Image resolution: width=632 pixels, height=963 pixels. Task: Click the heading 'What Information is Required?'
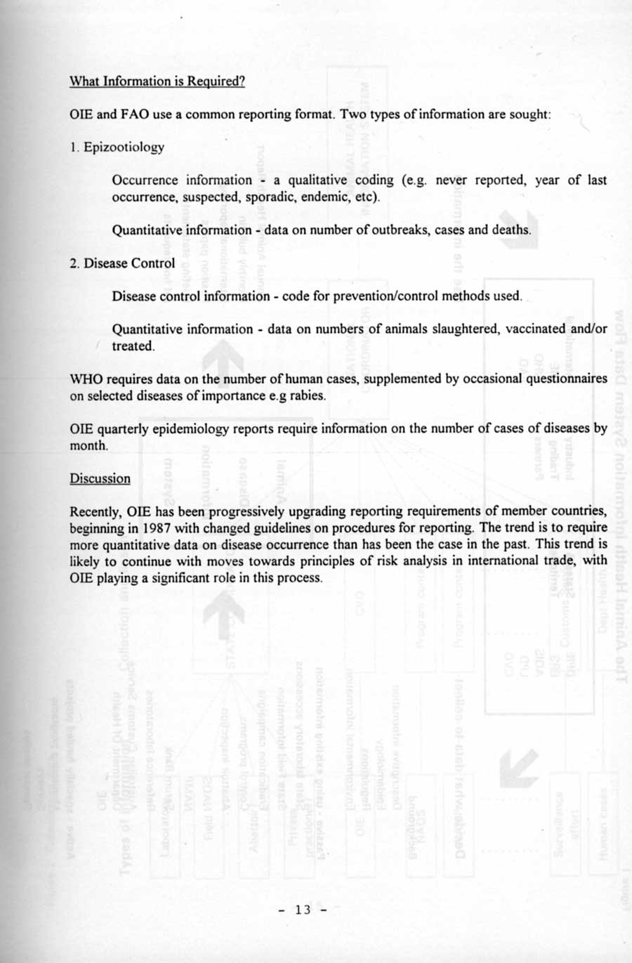pos(157,81)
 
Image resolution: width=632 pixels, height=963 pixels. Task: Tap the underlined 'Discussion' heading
pos(100,478)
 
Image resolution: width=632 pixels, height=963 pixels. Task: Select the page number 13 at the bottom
pos(303,910)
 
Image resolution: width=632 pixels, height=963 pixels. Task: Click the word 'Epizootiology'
pos(124,147)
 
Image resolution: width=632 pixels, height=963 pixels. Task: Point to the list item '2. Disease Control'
pos(122,263)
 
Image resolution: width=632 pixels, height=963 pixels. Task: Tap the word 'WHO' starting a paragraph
pos(86,379)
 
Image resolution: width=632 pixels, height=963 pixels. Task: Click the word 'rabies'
pos(310,395)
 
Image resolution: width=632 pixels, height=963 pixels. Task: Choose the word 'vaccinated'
pos(536,329)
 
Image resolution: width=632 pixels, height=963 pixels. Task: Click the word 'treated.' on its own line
pos(133,346)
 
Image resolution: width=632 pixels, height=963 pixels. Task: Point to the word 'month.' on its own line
pos(89,445)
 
